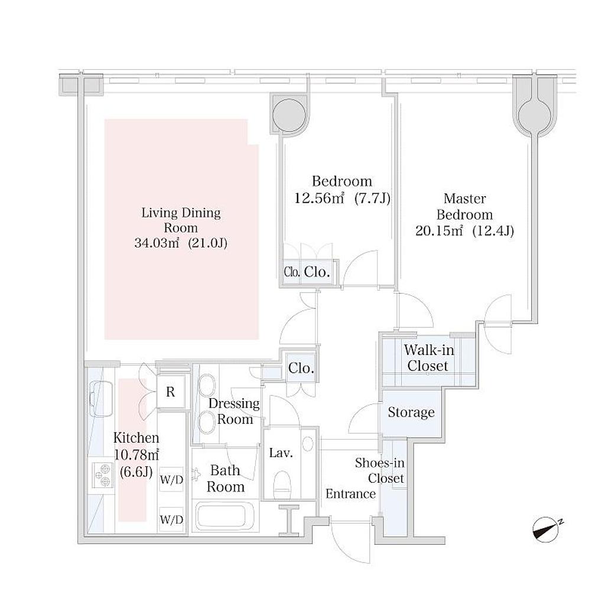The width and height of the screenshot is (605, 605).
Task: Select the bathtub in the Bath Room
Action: tap(226, 515)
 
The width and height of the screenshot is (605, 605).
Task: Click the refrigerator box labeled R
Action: tap(171, 392)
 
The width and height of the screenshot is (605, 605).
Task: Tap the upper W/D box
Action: tap(171, 480)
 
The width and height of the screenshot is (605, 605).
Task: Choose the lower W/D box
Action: tap(171, 519)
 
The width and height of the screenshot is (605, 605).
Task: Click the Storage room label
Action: tap(411, 412)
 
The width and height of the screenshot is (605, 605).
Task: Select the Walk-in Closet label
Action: tap(429, 357)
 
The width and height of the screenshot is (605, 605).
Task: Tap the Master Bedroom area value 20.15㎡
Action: tap(439, 231)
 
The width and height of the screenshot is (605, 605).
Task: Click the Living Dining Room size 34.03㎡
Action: tap(157, 243)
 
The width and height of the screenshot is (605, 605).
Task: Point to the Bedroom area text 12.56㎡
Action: tap(319, 198)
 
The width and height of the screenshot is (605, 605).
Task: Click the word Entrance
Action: tap(350, 494)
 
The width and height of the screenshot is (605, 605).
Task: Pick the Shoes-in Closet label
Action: tap(380, 470)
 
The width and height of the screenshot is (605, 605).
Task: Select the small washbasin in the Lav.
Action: tap(308, 444)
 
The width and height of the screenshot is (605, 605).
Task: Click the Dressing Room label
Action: tap(234, 411)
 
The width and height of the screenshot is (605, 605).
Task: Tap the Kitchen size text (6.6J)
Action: tap(136, 471)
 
